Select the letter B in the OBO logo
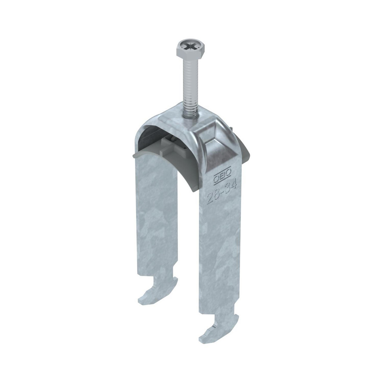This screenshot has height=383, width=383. click(x=222, y=175)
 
